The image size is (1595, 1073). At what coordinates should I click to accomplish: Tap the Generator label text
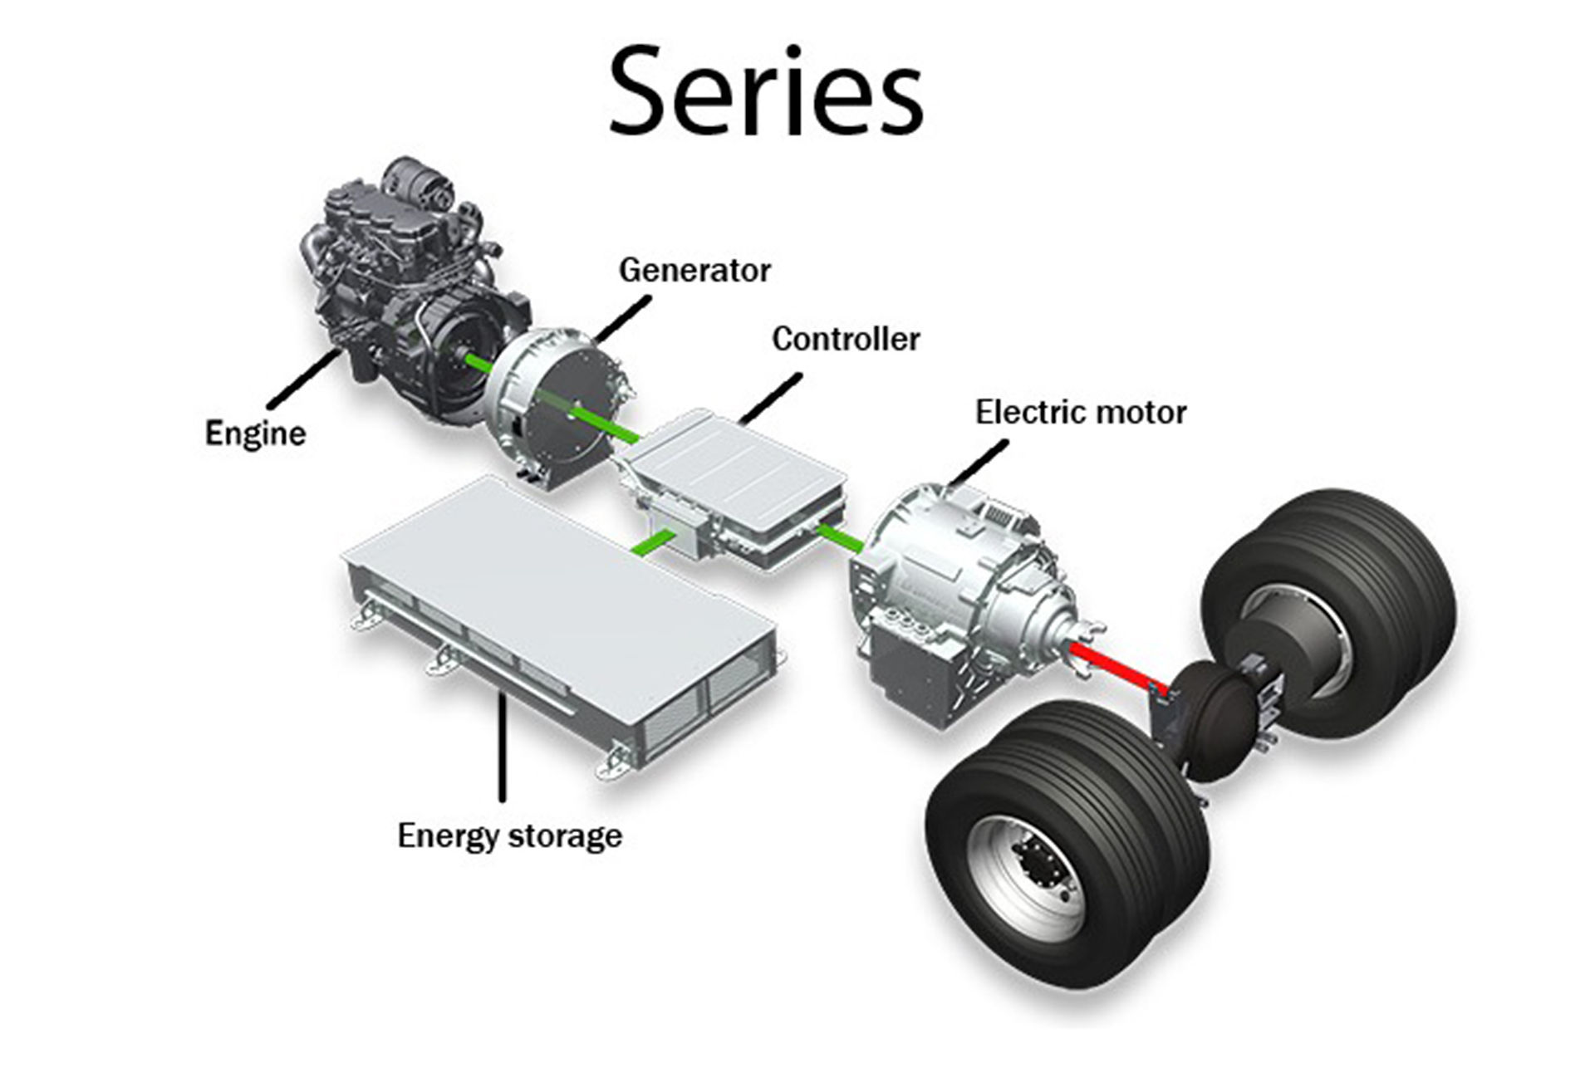click(694, 270)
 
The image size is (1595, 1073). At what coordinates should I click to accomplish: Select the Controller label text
click(846, 339)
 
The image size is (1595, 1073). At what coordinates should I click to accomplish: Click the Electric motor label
click(1081, 412)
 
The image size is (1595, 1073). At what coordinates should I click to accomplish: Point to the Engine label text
click(255, 434)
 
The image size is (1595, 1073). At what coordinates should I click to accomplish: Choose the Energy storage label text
click(509, 835)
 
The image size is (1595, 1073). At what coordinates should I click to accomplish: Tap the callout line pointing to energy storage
click(502, 746)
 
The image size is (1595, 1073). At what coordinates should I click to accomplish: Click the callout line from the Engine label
click(304, 378)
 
